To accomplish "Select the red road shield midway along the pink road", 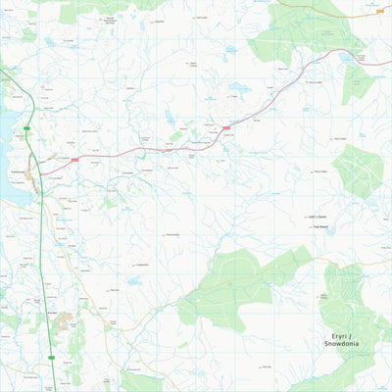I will click(227, 125).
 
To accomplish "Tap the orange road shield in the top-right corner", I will click(379, 10).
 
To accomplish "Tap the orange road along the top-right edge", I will click(333, 5).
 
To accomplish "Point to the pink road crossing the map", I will click(147, 150).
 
